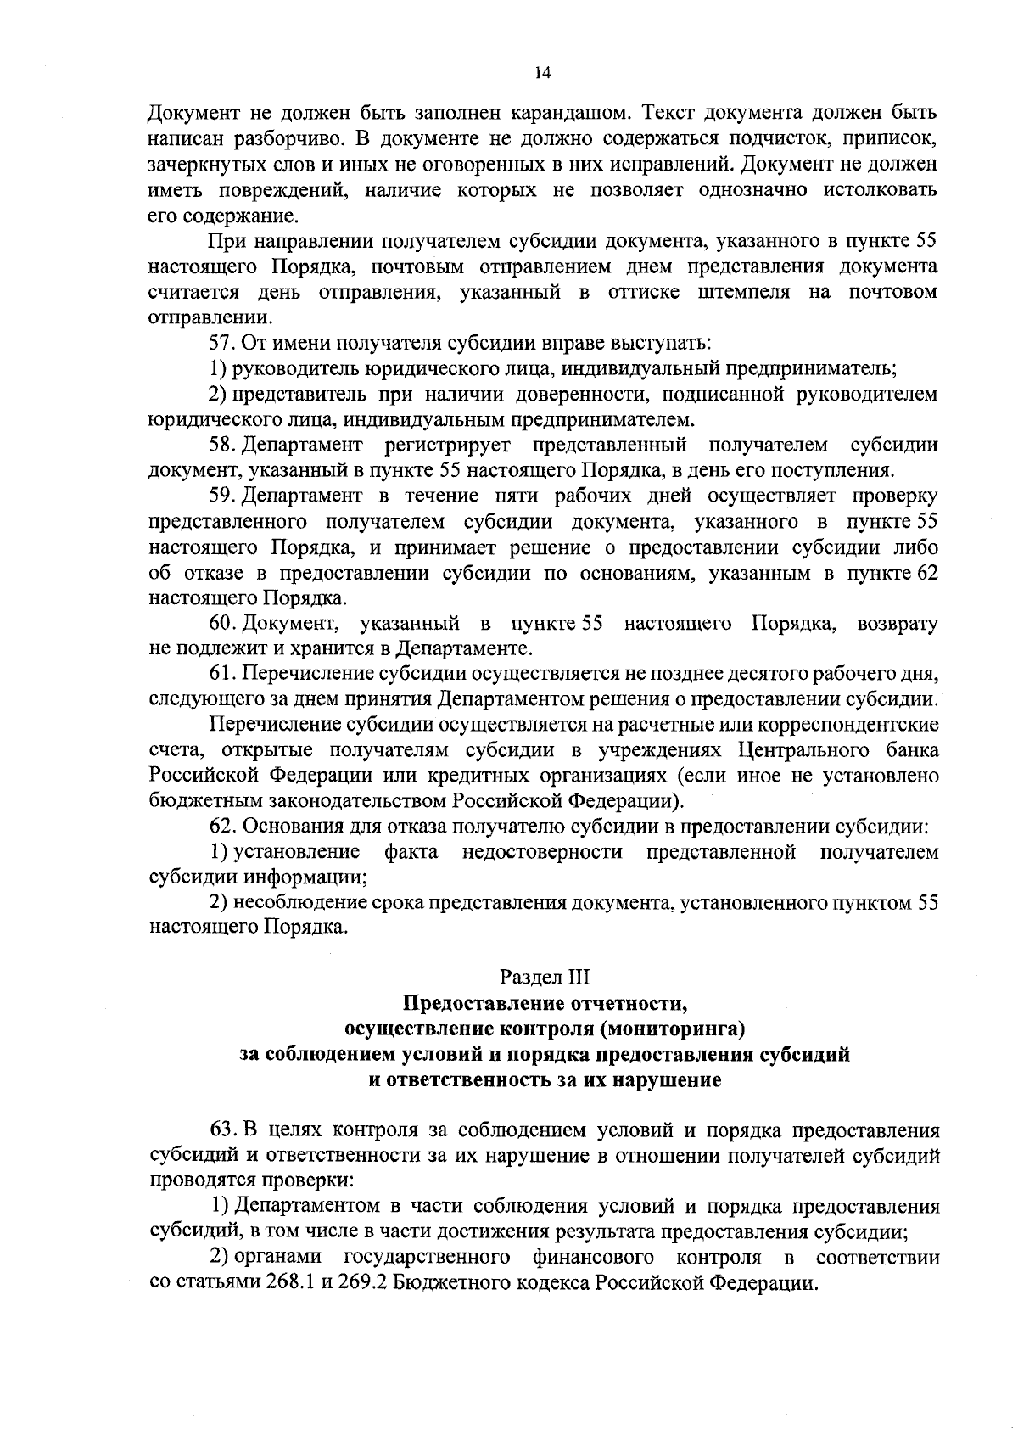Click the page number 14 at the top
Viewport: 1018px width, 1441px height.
pyautogui.click(x=543, y=74)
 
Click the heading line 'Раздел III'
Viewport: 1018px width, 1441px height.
pyautogui.click(x=545, y=978)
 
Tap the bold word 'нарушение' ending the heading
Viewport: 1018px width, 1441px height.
pyautogui.click(x=674, y=1080)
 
